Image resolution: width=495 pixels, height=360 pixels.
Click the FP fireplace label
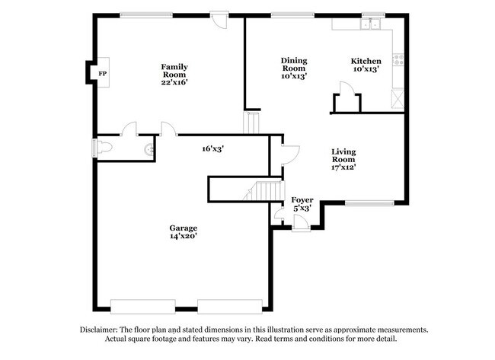coord(101,73)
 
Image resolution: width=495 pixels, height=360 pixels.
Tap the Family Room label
coord(174,67)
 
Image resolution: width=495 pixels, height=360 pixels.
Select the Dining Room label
coord(293,60)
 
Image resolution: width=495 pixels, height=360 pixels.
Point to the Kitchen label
coord(366,61)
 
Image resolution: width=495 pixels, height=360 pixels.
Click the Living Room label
coord(343,151)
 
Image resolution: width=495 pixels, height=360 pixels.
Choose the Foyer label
coord(303,199)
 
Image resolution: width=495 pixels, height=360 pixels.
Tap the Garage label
coord(184,228)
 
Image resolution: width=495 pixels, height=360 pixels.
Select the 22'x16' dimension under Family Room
coord(174,82)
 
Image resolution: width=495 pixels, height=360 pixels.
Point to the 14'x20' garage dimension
coord(184,237)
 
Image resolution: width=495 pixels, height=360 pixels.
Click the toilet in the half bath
coord(104,148)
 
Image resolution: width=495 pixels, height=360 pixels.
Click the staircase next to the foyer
coord(267,191)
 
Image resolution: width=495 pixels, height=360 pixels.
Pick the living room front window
coord(369,203)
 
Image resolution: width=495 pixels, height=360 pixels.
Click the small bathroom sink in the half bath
coord(149,148)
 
